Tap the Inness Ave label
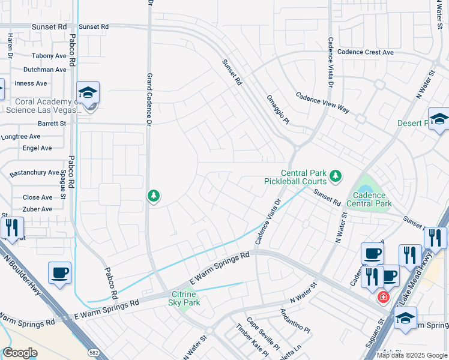(x=31, y=83)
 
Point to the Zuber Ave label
(x=37, y=209)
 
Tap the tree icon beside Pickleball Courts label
(x=336, y=176)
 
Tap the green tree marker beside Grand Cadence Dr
(x=154, y=196)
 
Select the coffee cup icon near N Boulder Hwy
(x=59, y=274)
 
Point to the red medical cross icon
(x=382, y=296)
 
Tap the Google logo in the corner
(x=20, y=353)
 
